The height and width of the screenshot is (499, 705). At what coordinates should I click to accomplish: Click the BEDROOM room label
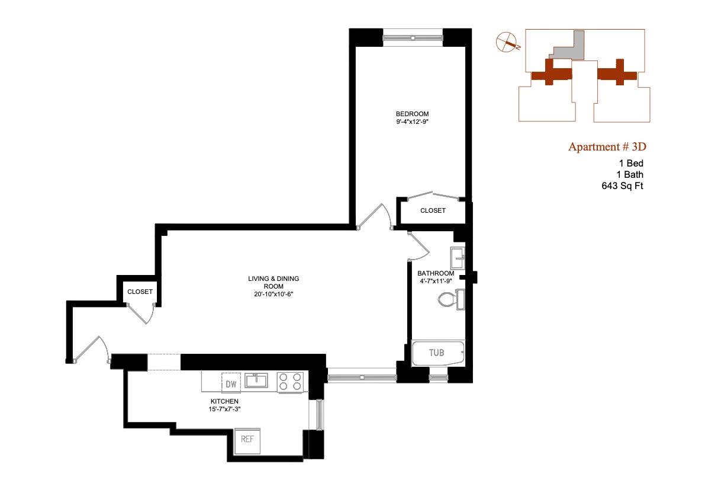(412, 114)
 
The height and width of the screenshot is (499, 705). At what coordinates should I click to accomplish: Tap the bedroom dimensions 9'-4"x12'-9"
(412, 123)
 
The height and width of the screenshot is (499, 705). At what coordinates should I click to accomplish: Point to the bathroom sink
(458, 258)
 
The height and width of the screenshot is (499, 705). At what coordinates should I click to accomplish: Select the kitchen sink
(257, 380)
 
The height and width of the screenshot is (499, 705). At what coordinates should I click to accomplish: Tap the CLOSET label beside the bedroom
(433, 211)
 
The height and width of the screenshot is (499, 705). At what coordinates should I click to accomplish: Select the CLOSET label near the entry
(140, 292)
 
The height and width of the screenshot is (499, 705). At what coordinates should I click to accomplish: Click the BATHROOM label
(436, 273)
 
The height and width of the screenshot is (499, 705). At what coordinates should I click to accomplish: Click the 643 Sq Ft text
(622, 186)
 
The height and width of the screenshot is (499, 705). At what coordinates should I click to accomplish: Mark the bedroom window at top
(413, 37)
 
